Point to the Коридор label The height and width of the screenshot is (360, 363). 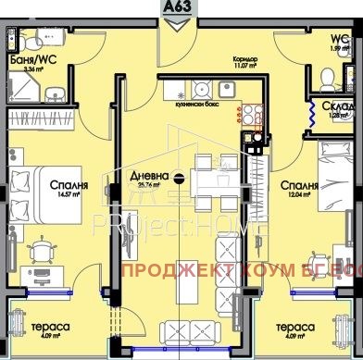click(244, 56)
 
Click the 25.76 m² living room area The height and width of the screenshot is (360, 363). click(148, 187)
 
